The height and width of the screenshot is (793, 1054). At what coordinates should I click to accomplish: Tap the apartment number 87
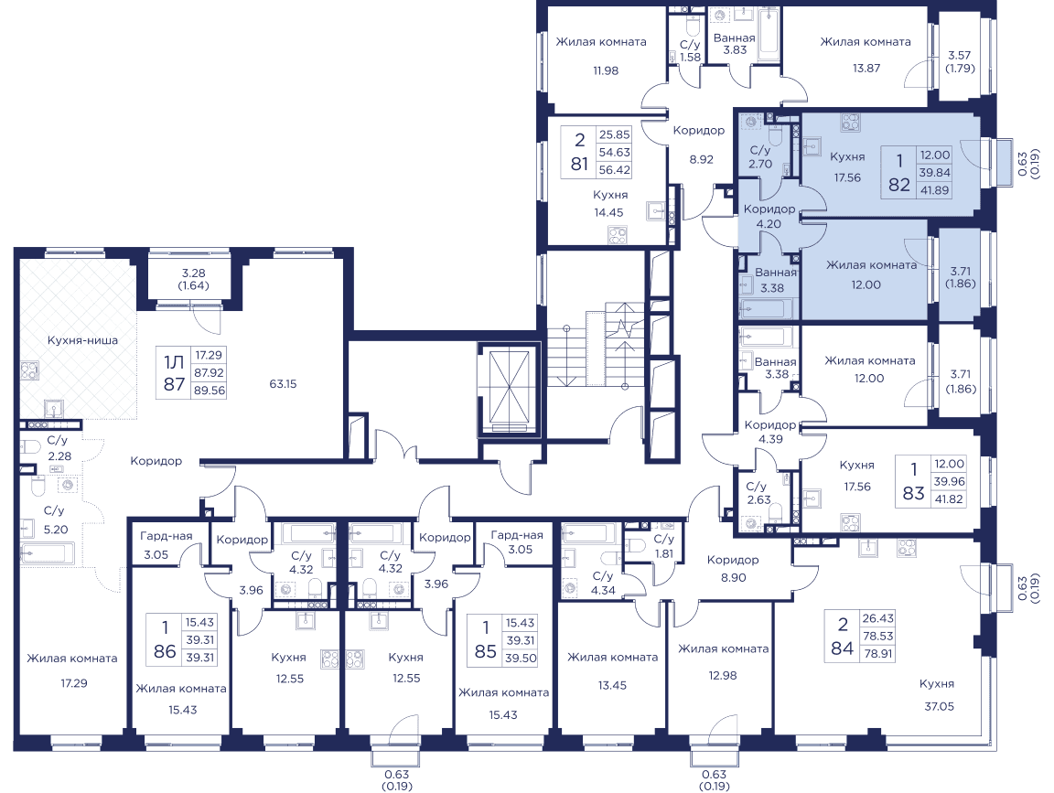[174, 384]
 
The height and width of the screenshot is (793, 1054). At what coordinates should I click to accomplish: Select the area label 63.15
[283, 384]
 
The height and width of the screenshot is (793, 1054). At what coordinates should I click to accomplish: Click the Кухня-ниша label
[82, 340]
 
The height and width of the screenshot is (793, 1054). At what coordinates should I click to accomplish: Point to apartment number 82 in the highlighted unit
[899, 184]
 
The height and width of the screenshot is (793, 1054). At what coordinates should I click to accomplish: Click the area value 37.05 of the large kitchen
[939, 706]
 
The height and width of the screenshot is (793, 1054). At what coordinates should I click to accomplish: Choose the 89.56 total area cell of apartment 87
[209, 391]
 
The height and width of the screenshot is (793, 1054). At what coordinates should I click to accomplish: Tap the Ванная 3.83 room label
[735, 44]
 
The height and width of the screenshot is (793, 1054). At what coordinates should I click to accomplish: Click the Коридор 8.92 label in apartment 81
[699, 145]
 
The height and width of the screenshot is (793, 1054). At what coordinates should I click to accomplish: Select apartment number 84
[843, 648]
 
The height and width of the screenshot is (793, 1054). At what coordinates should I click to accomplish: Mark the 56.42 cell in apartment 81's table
[615, 170]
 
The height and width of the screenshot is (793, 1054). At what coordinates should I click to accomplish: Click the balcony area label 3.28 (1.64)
[195, 279]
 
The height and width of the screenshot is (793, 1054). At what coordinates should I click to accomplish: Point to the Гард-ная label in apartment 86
[166, 536]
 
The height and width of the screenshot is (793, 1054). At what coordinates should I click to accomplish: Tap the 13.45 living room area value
[612, 685]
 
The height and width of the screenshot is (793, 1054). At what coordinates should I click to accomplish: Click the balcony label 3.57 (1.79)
[960, 62]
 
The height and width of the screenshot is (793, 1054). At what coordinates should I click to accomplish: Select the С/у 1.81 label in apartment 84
[663, 546]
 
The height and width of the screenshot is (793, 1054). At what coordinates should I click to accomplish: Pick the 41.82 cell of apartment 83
[949, 499]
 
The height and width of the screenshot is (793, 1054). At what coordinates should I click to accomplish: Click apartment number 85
[485, 651]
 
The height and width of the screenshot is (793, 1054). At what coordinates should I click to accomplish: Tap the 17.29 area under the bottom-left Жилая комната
[74, 683]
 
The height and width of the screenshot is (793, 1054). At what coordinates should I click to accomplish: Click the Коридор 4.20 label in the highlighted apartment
[769, 217]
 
